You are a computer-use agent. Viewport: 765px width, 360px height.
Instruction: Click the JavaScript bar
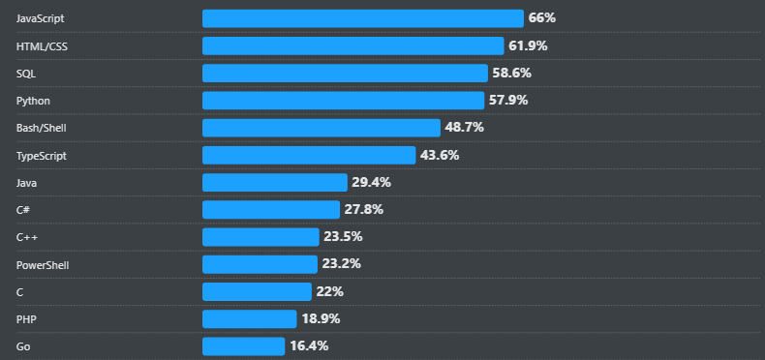[363, 18]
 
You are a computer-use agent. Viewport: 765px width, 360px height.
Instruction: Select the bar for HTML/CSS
[353, 45]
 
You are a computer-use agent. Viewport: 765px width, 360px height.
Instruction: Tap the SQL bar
[345, 73]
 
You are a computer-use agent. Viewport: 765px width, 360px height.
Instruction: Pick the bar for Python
[343, 101]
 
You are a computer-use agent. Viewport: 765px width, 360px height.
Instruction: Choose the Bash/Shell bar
[321, 128]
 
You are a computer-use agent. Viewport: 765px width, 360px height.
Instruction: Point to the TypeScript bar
[309, 155]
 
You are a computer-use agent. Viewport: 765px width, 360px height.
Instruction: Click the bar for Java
[275, 182]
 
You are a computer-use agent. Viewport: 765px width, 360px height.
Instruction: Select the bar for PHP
[250, 318]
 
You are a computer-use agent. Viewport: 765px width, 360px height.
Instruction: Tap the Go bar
[244, 345]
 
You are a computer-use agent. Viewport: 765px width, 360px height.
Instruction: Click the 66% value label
[541, 18]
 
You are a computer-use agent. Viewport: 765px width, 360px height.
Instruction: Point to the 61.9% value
[528, 45]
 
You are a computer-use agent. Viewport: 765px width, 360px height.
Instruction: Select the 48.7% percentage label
[464, 128]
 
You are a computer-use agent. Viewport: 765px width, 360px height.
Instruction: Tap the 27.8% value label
[363, 209]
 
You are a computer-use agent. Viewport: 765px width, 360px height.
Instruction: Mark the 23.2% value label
[340, 264]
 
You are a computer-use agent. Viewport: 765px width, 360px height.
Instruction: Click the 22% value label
[329, 291]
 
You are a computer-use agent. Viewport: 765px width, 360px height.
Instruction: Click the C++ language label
[27, 237]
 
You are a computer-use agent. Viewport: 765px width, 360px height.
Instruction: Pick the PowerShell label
[43, 264]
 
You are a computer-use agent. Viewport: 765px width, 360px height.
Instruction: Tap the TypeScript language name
[42, 155]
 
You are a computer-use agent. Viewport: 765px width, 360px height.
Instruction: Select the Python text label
[33, 101]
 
